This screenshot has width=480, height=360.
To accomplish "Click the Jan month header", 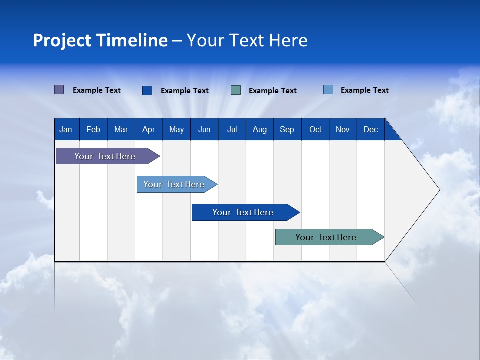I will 66,129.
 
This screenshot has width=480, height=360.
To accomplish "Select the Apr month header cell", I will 148,129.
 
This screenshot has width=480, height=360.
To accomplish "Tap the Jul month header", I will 232,129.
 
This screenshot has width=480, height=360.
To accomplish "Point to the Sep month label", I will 287,129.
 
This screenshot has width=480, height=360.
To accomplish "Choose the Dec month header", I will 370,129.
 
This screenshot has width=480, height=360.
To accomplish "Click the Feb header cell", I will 93,129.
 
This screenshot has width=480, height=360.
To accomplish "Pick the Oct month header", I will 315,129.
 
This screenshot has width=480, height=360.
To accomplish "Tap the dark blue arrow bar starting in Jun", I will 243,212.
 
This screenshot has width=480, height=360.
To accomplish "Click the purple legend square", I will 59,90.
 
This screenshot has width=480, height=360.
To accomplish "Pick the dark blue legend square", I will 147,90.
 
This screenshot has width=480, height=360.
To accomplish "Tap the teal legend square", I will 236,90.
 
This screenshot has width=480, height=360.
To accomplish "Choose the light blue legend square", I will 328,90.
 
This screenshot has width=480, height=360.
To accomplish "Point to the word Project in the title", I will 62,40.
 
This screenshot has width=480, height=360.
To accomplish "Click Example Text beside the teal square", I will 272,91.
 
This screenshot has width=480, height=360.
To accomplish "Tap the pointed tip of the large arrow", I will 438,190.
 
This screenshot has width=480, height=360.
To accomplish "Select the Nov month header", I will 343,129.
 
